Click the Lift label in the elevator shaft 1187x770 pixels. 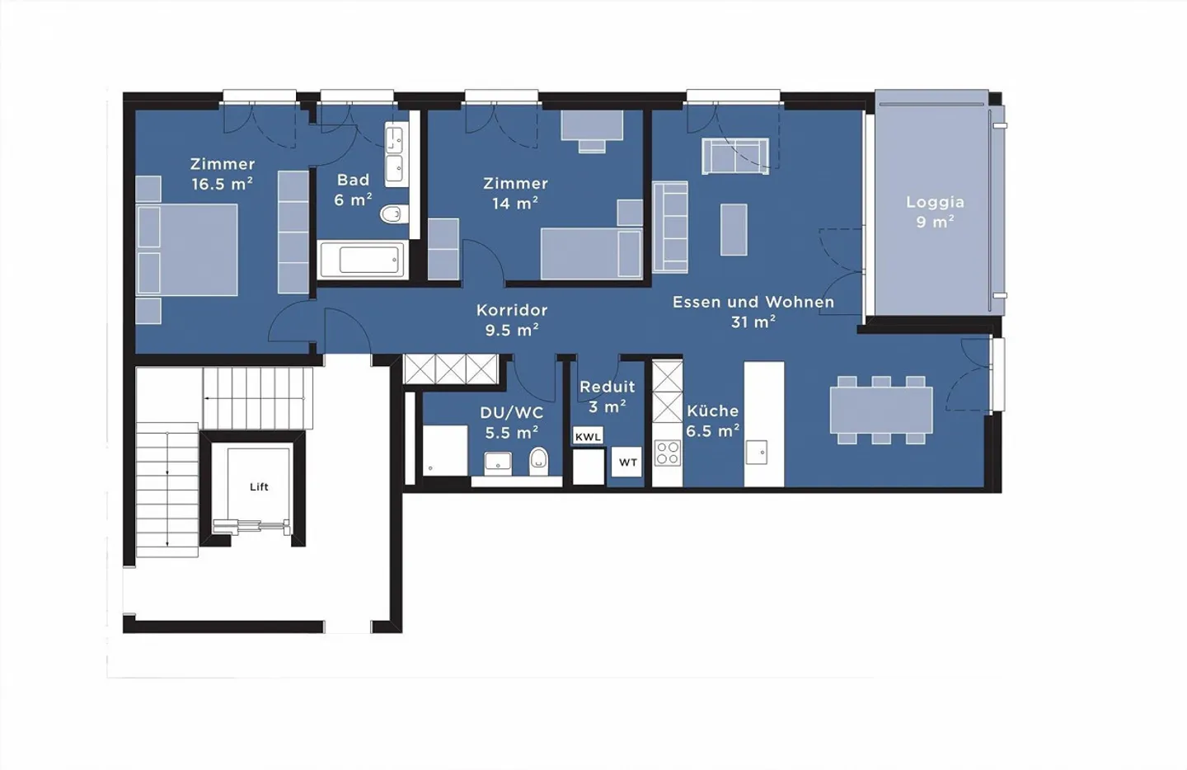(x=259, y=486)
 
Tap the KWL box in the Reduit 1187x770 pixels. (x=588, y=436)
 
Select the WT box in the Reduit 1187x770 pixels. (x=627, y=462)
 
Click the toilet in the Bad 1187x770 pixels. (x=394, y=214)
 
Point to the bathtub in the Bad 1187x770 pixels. (x=364, y=259)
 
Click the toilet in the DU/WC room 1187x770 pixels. (x=538, y=461)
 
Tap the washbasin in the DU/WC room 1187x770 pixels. (x=498, y=462)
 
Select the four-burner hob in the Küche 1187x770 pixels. (x=667, y=453)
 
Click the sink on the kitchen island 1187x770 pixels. (x=756, y=452)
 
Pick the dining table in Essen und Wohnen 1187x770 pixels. (x=881, y=410)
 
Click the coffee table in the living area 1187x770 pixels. (x=734, y=229)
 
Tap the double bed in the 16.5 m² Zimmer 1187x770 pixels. (x=186, y=250)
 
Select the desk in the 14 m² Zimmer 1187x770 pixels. (x=592, y=125)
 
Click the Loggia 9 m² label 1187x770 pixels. (x=936, y=212)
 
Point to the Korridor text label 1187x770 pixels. (x=512, y=310)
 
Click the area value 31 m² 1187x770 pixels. (x=753, y=322)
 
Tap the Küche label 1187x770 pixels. (x=713, y=411)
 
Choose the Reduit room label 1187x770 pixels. (x=608, y=387)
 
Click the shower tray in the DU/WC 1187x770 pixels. (x=445, y=450)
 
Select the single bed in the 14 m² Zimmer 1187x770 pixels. (x=591, y=253)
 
